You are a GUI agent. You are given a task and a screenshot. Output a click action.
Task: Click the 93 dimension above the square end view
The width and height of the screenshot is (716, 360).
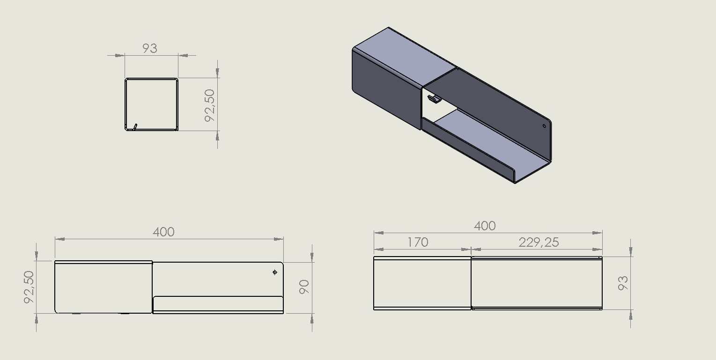150,48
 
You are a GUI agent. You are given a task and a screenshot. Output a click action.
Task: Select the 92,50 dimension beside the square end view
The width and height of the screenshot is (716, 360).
210,105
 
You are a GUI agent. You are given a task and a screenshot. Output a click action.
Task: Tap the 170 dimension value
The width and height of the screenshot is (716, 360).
418,242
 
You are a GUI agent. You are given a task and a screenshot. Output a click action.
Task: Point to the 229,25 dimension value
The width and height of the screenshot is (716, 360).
539,242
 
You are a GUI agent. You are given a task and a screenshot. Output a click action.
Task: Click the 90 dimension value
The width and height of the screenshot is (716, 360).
304,287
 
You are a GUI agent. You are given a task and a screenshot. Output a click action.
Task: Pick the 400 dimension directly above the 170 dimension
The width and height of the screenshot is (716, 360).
485,226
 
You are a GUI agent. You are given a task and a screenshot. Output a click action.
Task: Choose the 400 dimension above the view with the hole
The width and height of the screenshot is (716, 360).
163,232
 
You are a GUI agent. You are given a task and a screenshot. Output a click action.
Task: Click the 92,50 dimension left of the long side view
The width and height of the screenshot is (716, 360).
29,287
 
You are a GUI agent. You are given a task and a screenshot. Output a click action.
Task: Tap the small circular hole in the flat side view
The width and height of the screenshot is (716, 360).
275,272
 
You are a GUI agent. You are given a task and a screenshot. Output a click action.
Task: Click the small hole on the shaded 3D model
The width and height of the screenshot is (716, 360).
544,125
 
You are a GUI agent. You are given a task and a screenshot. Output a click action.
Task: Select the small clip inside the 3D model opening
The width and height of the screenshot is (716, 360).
434,99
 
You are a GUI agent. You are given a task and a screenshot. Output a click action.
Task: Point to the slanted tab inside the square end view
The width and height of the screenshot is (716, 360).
135,126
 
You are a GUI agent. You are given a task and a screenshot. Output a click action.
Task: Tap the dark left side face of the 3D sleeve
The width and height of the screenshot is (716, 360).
384,89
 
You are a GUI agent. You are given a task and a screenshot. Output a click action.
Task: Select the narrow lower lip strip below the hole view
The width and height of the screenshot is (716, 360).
218,304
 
